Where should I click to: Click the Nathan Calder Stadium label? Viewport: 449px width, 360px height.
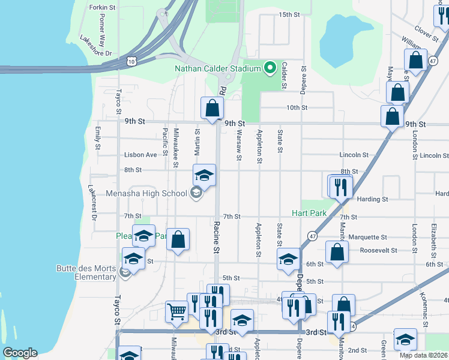click(x=217, y=68)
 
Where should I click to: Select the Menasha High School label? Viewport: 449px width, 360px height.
click(x=146, y=193)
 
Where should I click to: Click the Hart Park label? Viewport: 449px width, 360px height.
click(x=309, y=213)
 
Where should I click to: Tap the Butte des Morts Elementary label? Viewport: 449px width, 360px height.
click(x=86, y=272)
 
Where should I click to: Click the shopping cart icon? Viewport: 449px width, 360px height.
click(x=177, y=311)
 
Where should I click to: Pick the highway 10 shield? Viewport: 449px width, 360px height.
click(x=131, y=61)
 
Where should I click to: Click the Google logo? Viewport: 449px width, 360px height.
click(x=20, y=353)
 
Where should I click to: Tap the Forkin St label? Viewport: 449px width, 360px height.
click(x=101, y=7)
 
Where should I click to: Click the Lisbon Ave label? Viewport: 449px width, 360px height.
click(x=140, y=155)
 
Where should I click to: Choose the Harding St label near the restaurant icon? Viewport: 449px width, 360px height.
click(x=372, y=199)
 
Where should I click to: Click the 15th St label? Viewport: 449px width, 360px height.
click(x=289, y=14)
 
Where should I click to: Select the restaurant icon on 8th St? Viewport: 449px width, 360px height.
click(x=340, y=186)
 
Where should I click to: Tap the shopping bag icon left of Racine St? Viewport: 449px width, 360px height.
click(x=178, y=240)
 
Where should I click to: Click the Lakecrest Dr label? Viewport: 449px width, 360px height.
click(x=92, y=202)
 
